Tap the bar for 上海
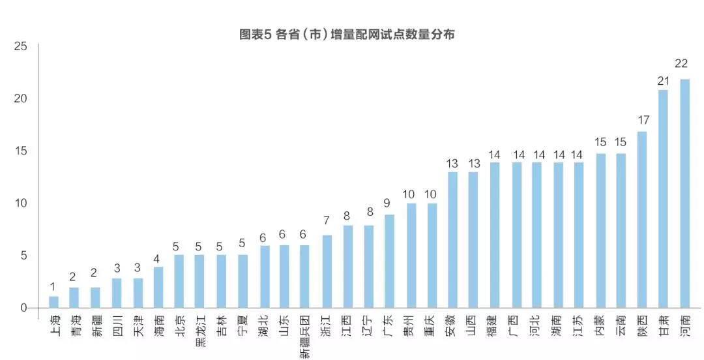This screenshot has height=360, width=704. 53,302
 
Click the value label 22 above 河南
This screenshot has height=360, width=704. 682,64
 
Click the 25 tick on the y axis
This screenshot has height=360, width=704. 20,46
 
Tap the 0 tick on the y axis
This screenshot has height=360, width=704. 23,308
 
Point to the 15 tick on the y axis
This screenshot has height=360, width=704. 20,151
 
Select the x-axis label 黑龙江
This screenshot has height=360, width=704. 200,330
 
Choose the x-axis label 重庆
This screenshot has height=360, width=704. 431,326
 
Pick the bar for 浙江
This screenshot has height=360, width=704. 327,271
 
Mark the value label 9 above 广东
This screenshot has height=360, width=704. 388,203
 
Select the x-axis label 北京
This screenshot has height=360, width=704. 179,326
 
